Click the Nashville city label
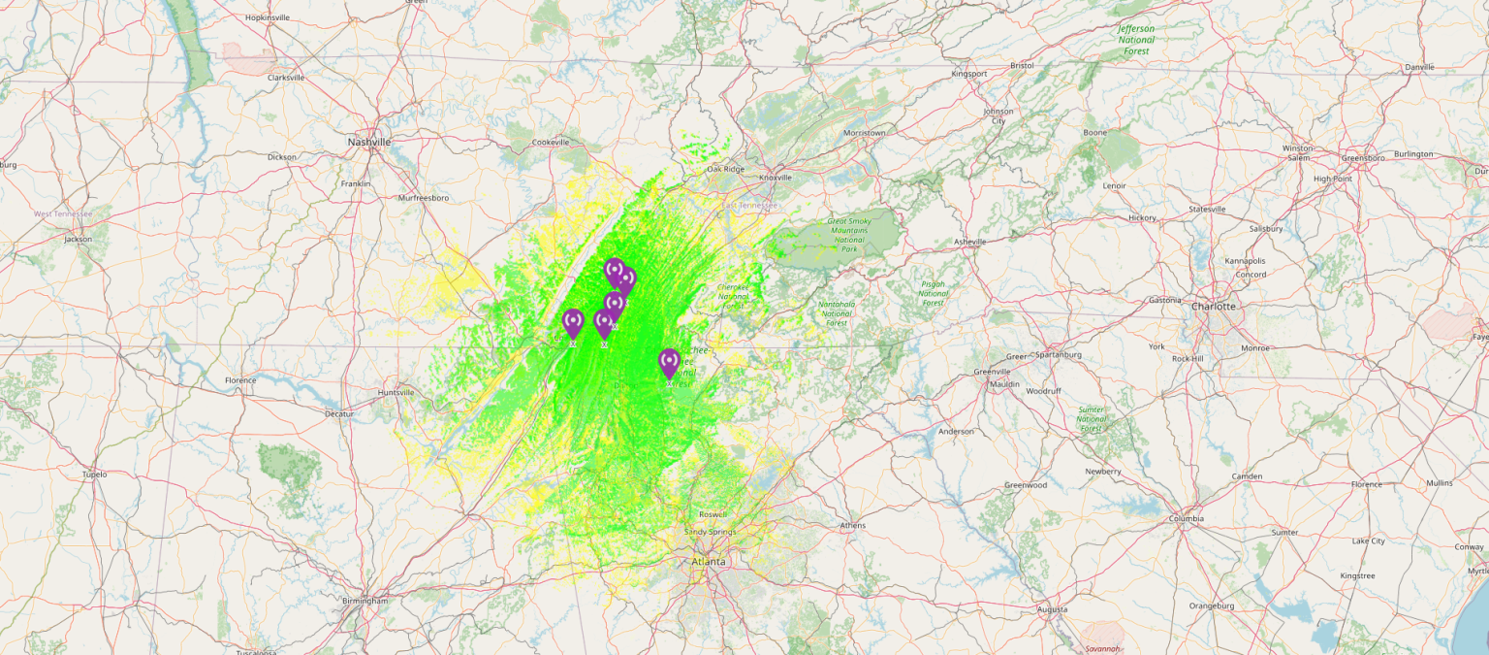coord(369,142)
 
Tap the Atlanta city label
coord(709,562)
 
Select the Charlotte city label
coord(1215,306)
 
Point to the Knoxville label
coord(776,178)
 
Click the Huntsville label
coord(396,393)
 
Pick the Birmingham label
coord(365,601)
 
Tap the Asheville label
coord(969,242)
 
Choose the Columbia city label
coord(1186,518)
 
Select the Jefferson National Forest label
coord(1136,40)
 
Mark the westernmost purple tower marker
coord(573,323)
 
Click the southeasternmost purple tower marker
coord(669,364)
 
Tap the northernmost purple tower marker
coord(614,272)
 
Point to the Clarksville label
coord(286,78)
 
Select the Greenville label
coord(993,372)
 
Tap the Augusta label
coord(1052,609)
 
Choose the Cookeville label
coord(551,143)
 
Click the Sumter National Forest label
coord(1092,418)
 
